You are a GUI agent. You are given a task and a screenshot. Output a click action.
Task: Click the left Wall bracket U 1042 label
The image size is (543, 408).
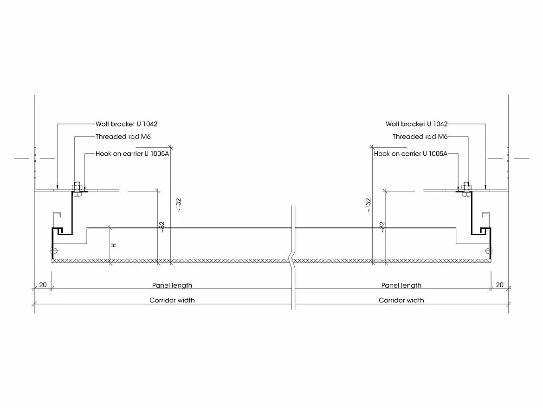click(x=126, y=124)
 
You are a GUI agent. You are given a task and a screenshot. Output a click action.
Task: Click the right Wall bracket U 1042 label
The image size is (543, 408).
click(x=417, y=124)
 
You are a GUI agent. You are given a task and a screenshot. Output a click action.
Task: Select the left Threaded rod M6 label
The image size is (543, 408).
click(x=123, y=137)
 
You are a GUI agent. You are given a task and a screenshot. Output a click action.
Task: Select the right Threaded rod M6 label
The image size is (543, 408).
click(x=420, y=137)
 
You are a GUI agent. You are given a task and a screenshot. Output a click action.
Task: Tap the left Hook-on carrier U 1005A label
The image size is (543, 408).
click(x=132, y=153)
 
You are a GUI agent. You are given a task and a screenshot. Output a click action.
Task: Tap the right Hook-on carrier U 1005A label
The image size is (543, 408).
click(x=411, y=153)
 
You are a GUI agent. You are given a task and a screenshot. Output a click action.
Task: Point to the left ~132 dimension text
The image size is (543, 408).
click(x=178, y=205)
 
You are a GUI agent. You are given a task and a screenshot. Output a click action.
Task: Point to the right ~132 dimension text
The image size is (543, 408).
click(x=368, y=205)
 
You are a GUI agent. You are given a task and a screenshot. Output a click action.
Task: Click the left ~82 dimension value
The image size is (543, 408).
click(x=162, y=227)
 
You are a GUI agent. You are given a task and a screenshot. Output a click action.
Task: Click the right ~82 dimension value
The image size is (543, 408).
click(x=382, y=227)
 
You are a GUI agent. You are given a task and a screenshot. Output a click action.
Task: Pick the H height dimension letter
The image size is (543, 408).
click(x=114, y=245)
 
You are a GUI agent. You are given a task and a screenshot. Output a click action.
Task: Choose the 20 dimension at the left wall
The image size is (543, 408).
click(x=43, y=285)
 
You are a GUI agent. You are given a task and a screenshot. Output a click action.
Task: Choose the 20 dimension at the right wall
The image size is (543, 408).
click(x=500, y=285)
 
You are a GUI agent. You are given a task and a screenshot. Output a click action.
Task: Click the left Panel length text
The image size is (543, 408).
click(x=172, y=285)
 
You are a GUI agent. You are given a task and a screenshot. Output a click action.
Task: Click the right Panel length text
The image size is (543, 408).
click(x=401, y=285)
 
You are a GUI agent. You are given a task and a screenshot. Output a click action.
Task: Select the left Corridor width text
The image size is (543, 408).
click(x=172, y=300)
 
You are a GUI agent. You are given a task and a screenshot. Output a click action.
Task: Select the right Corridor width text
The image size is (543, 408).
click(x=401, y=300)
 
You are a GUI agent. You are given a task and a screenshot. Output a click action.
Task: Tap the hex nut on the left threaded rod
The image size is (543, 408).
click(x=77, y=188)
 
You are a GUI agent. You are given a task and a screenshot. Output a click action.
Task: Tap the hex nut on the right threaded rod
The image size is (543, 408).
click(x=466, y=188)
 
